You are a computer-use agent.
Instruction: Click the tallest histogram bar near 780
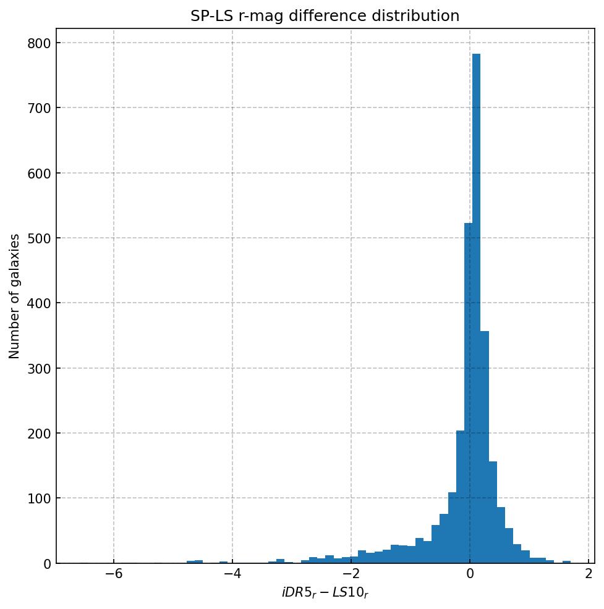click(476, 309)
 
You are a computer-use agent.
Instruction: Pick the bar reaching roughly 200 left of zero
click(460, 497)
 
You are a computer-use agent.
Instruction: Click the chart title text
click(325, 16)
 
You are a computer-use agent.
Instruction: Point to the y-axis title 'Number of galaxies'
click(14, 296)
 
